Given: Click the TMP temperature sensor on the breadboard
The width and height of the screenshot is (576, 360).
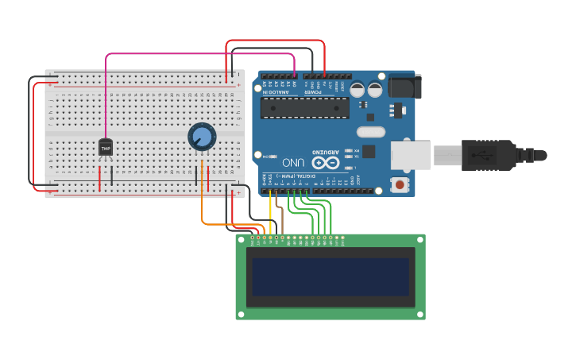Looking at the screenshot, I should [106, 147].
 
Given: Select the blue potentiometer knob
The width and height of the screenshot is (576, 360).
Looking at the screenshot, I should [202, 137].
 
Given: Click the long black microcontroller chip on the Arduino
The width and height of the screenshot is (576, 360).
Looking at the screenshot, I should [304, 107].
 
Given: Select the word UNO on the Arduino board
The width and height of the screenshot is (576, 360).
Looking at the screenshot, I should [293, 162].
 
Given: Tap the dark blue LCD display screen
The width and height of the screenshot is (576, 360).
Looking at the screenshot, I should [331, 277].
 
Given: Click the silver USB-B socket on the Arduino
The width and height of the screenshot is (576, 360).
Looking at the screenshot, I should [411, 155].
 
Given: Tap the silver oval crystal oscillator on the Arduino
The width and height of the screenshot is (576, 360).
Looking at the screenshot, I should [371, 132].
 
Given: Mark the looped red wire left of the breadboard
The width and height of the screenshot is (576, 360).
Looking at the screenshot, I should [36, 135].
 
